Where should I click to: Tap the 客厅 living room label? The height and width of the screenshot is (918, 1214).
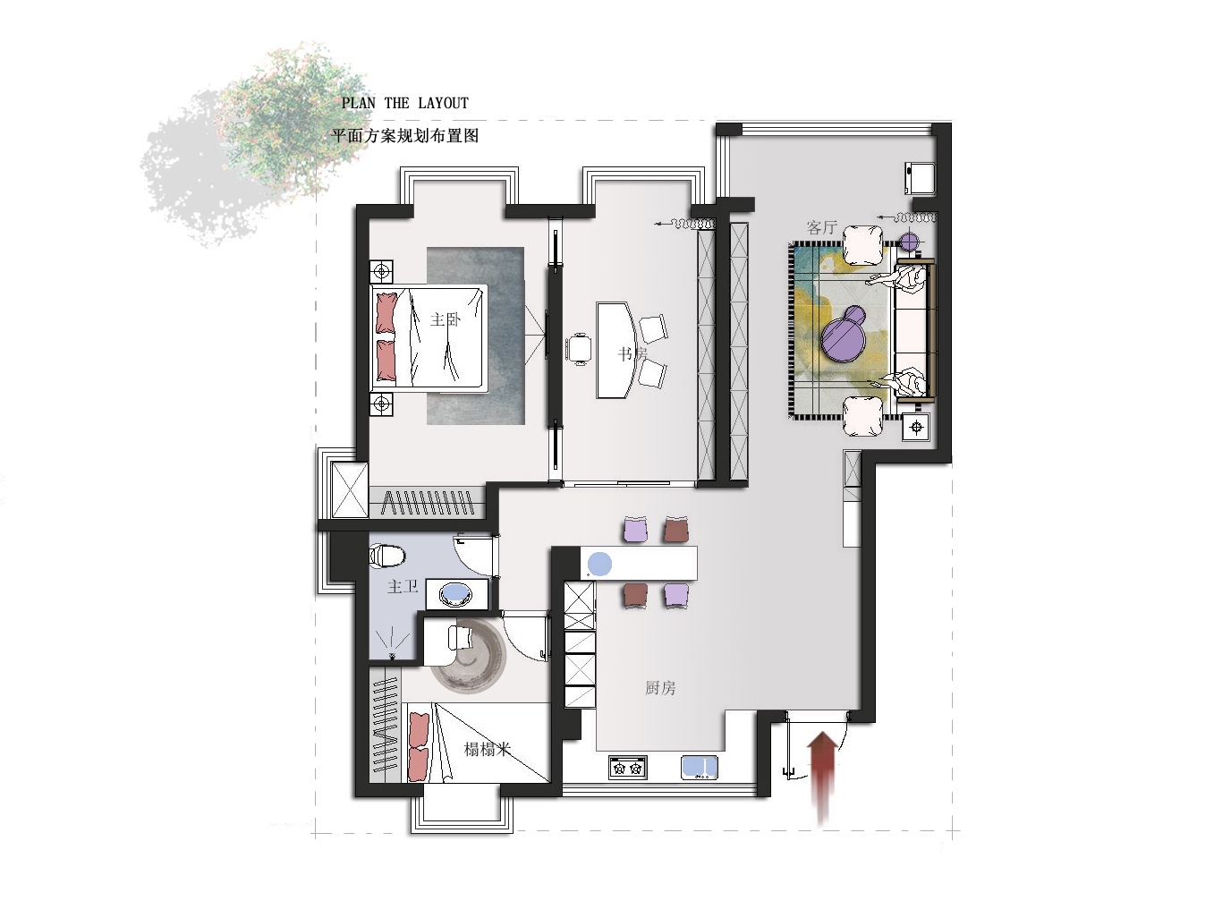pyautogui.click(x=821, y=227)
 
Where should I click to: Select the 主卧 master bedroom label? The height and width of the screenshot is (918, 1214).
pyautogui.click(x=446, y=319)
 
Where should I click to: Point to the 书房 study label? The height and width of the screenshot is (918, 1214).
pyautogui.click(x=632, y=353)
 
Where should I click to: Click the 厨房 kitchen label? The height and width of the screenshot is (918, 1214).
pyautogui.click(x=660, y=688)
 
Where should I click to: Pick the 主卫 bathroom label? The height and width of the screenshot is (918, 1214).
pyautogui.click(x=402, y=586)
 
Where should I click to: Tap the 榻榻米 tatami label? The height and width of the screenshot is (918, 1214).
pyautogui.click(x=487, y=749)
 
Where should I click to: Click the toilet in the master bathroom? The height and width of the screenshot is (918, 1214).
pyautogui.click(x=386, y=556)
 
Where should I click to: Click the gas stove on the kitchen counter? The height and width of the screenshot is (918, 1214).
pyautogui.click(x=628, y=768)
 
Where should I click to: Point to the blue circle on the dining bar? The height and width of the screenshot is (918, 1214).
pyautogui.click(x=599, y=565)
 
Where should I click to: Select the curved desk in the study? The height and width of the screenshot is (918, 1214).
pyautogui.click(x=615, y=350)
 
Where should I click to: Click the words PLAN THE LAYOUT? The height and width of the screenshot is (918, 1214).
pyautogui.click(x=405, y=104)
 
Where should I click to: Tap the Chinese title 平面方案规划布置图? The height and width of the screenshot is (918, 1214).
pyautogui.click(x=405, y=136)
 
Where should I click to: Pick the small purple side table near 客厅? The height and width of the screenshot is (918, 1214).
pyautogui.click(x=910, y=242)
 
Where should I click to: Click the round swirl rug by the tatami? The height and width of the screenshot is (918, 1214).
pyautogui.click(x=469, y=655)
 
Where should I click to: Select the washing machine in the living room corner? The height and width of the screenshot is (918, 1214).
pyautogui.click(x=921, y=178)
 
